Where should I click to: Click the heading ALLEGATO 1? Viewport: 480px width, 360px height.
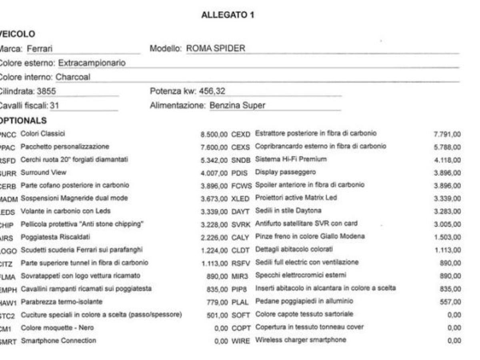[x=228, y=15]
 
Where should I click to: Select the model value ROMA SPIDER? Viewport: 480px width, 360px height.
[x=216, y=49]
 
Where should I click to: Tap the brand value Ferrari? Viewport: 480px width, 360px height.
[x=40, y=49]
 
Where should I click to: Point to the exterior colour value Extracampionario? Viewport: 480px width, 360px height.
[x=92, y=63]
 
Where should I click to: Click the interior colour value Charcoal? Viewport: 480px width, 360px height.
[x=73, y=77]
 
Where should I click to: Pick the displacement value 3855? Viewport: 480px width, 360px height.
[x=46, y=91]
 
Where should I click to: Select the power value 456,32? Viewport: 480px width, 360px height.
[x=212, y=91]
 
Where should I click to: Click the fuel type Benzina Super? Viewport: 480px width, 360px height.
[x=237, y=106]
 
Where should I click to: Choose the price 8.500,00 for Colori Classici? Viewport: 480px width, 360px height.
[x=214, y=134]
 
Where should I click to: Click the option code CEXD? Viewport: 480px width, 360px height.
[x=240, y=134]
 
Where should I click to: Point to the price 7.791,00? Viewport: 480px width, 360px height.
[x=447, y=134]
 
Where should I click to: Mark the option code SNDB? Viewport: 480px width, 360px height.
[x=241, y=160]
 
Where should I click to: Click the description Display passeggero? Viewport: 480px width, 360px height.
[x=285, y=172]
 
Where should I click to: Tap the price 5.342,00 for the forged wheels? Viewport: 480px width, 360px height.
[x=214, y=160]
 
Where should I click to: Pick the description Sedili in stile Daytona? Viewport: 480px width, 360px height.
[x=288, y=210]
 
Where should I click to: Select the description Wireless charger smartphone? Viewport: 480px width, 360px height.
[x=300, y=340]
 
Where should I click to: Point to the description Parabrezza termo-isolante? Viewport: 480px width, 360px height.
[x=62, y=302]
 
